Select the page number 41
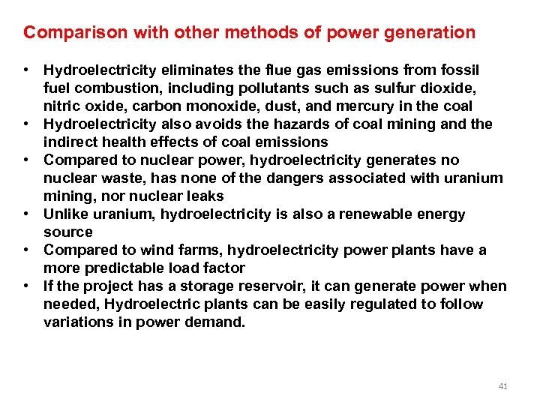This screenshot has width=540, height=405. [x=502, y=386]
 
